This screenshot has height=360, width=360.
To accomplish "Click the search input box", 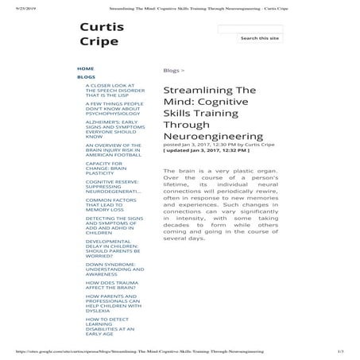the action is click(249, 29).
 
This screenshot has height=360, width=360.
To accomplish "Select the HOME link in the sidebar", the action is click(85, 68).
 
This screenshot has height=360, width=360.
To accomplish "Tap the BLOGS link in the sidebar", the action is click(86, 77).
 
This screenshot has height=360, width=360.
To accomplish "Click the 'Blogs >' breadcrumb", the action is click(172, 70).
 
